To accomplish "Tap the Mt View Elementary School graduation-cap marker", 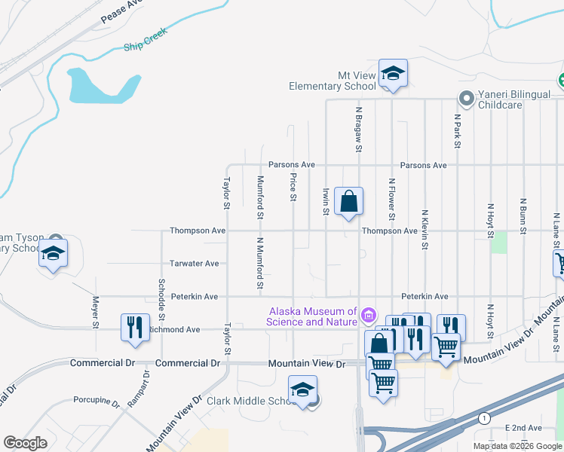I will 392,74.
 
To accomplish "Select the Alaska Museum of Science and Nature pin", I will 369,314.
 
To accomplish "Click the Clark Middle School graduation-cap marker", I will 302,389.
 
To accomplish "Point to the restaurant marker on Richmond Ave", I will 135,328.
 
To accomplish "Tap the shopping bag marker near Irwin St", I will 348,202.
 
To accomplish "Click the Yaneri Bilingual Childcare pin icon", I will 467,98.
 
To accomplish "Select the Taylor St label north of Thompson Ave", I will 225,194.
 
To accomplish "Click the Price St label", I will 293,187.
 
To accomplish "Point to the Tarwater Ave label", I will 194,264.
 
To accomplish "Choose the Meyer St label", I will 96,311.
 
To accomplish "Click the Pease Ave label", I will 121,10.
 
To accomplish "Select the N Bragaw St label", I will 359,130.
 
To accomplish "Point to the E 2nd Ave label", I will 520,428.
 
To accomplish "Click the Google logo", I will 26,443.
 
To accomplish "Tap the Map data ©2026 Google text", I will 516,446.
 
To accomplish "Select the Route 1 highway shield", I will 483,418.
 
